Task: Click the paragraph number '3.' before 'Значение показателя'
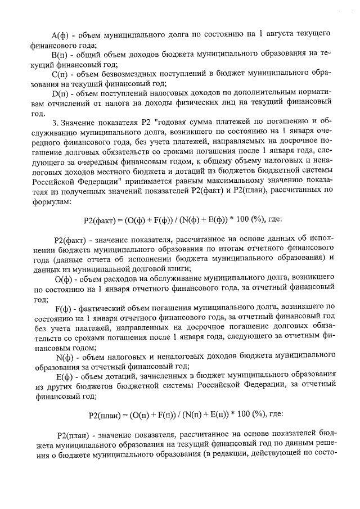[x=56, y=122]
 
